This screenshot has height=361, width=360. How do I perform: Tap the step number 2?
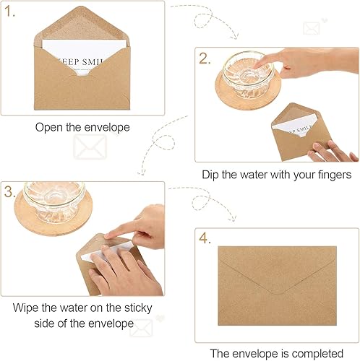coord(207,59)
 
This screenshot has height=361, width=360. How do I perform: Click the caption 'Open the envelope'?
coord(82,127)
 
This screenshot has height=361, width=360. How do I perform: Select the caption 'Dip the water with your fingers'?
coord(277,174)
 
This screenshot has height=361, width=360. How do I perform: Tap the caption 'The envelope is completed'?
coord(277,353)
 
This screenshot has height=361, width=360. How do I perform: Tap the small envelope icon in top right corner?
coord(312,28)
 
